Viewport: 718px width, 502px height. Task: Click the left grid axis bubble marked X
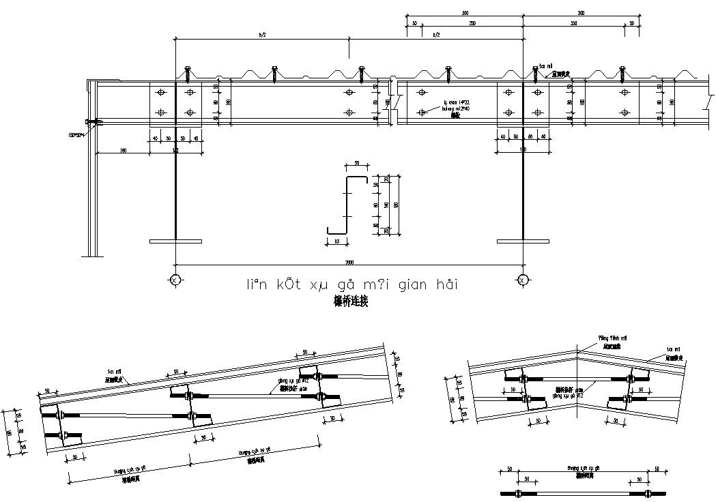[x=175, y=280]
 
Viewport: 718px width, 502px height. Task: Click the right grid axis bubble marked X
[x=522, y=280]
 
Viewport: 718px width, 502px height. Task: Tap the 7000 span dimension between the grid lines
[x=349, y=262]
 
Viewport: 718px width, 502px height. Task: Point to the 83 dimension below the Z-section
[x=337, y=241]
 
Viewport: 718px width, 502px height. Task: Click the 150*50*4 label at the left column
[x=76, y=135]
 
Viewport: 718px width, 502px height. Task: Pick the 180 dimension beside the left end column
[x=123, y=150]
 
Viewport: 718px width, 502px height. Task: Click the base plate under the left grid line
[x=175, y=240]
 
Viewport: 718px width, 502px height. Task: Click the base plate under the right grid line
[x=523, y=240]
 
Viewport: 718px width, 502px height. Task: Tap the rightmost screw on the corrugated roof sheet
[x=622, y=72]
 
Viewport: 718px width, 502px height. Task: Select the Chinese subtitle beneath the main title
[x=351, y=301]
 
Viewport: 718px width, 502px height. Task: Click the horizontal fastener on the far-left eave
[x=94, y=123]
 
